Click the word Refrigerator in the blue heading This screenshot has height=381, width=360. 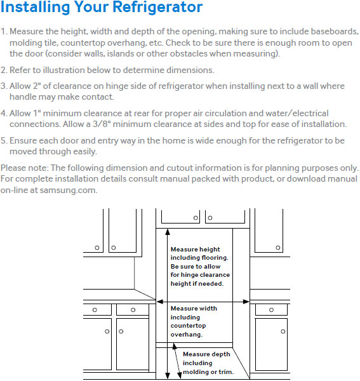tap(157, 7)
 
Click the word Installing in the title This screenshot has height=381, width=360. tap(35, 7)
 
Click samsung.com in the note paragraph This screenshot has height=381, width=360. tap(69, 190)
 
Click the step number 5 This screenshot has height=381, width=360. tap(3, 141)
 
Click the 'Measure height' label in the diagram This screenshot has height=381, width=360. tap(195, 250)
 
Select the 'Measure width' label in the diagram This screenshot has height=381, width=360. tap(194, 309)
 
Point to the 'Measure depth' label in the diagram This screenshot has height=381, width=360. tap(206, 354)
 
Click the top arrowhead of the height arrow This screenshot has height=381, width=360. tap(168, 232)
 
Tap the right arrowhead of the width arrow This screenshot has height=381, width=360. tap(246, 302)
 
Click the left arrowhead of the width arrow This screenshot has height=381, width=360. tap(159, 302)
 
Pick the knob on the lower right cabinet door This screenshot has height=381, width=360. tap(283, 331)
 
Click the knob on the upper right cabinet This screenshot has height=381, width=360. tap(278, 248)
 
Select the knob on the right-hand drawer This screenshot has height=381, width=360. tap(271, 310)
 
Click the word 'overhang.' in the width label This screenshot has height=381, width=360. tap(186, 335)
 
